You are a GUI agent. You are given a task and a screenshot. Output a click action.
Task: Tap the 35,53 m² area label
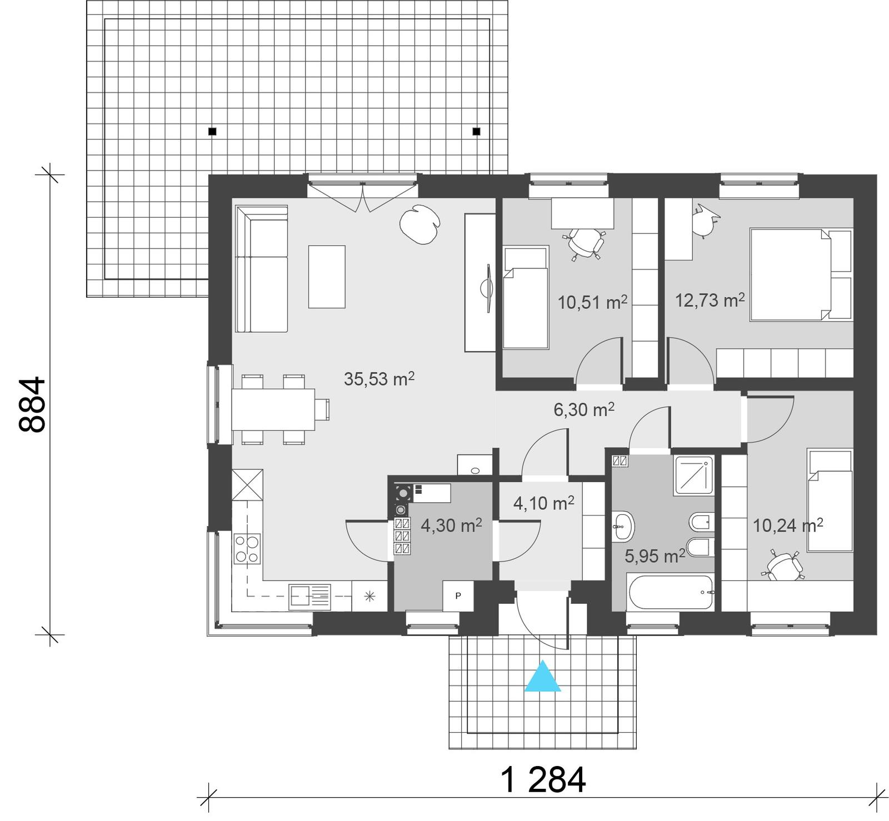coord(379,379)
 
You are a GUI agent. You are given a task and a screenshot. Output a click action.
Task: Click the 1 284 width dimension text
coord(543,780)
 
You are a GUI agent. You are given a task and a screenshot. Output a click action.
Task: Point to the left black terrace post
coord(212,132)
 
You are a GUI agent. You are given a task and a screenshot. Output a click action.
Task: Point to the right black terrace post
coord(476,132)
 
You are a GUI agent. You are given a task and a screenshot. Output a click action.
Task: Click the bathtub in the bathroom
coord(670,592)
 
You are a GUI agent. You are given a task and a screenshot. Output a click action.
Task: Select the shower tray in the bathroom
coord(693,475)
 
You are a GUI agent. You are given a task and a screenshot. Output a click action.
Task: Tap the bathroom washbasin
coord(623,525)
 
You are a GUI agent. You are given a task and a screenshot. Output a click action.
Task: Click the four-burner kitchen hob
coord(247,548)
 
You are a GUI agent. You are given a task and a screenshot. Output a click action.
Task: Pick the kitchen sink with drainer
coord(309,597)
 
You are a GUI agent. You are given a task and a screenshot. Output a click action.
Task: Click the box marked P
coord(458,596)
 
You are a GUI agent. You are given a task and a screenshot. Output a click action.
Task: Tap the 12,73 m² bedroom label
coord(710,301)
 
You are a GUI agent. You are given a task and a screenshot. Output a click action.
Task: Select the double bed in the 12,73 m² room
coord(800,274)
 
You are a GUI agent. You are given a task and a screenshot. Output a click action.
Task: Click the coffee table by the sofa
coord(327,276)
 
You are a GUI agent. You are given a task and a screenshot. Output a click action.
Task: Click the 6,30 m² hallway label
coord(584,410)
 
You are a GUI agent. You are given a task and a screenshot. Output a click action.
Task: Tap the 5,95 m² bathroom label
coord(654,556)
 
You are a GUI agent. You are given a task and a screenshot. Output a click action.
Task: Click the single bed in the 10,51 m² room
coord(526,299)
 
